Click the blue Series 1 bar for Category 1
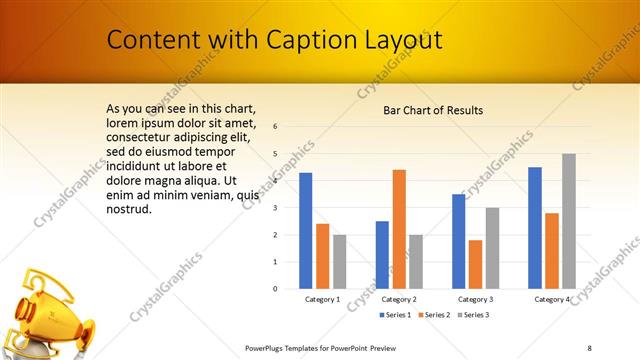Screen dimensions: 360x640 pyautogui.click(x=306, y=231)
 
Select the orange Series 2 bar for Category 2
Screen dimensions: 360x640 pyautogui.click(x=399, y=229)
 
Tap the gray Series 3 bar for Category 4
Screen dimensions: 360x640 pyautogui.click(x=568, y=221)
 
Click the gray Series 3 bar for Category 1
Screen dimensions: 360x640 pyautogui.click(x=339, y=262)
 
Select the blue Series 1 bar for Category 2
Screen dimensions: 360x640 pyautogui.click(x=382, y=255)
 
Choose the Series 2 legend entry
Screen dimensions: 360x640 pyautogui.click(x=431, y=315)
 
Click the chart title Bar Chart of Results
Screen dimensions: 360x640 pyautogui.click(x=433, y=110)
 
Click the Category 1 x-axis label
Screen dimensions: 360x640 pyautogui.click(x=322, y=299)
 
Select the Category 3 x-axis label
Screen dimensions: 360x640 pyautogui.click(x=475, y=299)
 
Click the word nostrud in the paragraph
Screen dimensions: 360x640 pyautogui.click(x=128, y=209)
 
